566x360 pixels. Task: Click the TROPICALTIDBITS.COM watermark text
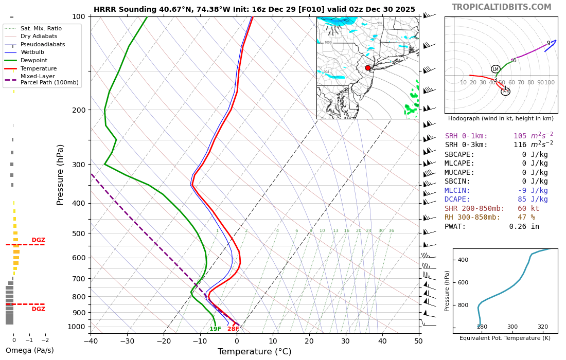pyautogui.click(x=501, y=7)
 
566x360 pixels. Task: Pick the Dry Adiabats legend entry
pyautogui.click(x=39, y=37)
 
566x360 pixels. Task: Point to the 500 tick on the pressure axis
pyautogui.click(x=78, y=233)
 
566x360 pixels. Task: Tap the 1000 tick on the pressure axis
pyautogui.click(x=76, y=327)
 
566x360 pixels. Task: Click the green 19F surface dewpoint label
pyautogui.click(x=215, y=329)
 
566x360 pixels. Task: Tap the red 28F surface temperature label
pyautogui.click(x=233, y=329)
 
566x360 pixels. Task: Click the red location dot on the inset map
pyautogui.click(x=368, y=68)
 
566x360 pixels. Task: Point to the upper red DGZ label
pyautogui.click(x=38, y=240)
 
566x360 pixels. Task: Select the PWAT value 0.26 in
pyautogui.click(x=524, y=227)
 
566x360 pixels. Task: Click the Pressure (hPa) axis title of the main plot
pyautogui.click(x=60, y=174)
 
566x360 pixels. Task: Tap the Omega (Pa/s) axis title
pyautogui.click(x=30, y=351)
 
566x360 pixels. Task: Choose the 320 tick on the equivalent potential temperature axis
pyautogui.click(x=543, y=327)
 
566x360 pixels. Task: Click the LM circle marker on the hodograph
pyautogui.click(x=496, y=69)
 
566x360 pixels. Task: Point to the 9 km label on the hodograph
pyautogui.click(x=549, y=43)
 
